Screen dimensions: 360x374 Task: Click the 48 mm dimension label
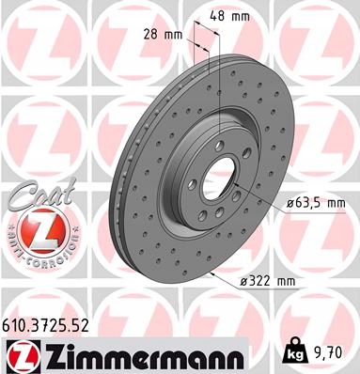coord(229,16)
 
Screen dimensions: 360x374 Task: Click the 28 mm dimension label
coord(163,35)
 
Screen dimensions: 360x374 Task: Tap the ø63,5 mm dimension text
coord(317,203)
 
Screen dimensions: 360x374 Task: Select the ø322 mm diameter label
coord(267,281)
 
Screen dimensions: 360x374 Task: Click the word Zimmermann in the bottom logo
coord(143,356)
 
